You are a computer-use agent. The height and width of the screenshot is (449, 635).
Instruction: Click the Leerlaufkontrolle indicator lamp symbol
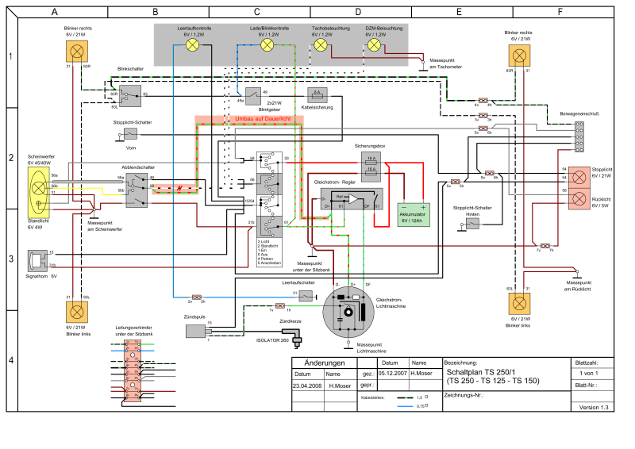[x=192, y=46]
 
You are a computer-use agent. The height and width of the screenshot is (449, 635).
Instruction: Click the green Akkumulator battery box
[x=413, y=214]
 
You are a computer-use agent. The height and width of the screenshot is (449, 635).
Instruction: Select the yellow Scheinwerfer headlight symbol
[x=37, y=185]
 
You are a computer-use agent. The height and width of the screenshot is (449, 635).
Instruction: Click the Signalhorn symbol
[x=37, y=259]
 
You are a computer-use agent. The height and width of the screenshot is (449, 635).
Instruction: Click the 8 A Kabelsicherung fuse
[x=317, y=94]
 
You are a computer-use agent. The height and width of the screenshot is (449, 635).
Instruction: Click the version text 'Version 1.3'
[x=594, y=407]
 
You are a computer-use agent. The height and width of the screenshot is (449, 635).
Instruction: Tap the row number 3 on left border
[x=10, y=259]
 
